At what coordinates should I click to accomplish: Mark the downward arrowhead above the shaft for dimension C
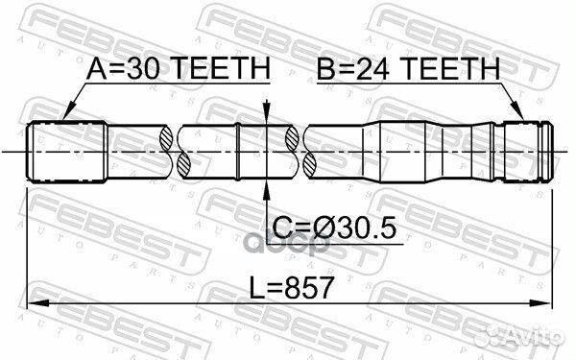pos(266,116)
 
